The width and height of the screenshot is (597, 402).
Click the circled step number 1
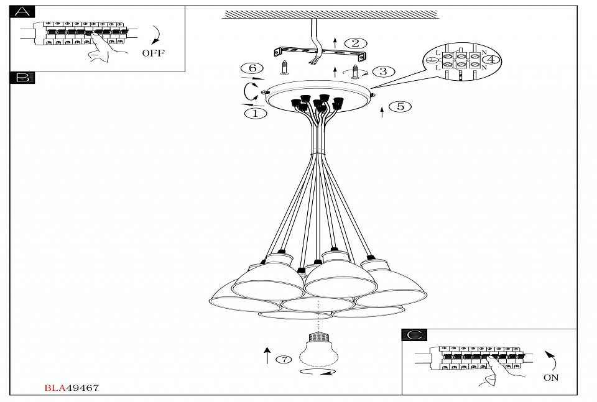(x=256, y=114)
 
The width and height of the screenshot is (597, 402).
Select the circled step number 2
(x=355, y=43)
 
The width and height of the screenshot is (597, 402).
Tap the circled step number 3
(x=382, y=71)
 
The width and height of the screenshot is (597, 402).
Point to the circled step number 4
(x=491, y=60)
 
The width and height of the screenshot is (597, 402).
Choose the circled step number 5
(x=400, y=106)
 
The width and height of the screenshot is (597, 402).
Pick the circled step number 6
(x=252, y=68)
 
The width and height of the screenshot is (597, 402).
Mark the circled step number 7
(x=284, y=359)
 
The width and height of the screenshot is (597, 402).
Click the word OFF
(x=153, y=53)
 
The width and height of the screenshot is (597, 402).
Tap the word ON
(x=551, y=377)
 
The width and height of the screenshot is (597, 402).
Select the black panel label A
(x=22, y=12)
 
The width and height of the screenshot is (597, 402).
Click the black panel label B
(x=22, y=78)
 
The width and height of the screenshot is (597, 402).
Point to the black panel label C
(x=414, y=335)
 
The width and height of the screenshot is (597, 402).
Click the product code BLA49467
(x=72, y=388)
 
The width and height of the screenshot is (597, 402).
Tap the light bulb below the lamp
(x=318, y=349)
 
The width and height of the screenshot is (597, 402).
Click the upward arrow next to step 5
(x=382, y=111)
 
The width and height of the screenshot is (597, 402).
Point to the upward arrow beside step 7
(x=267, y=355)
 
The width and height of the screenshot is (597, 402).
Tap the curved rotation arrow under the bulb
(x=317, y=372)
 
